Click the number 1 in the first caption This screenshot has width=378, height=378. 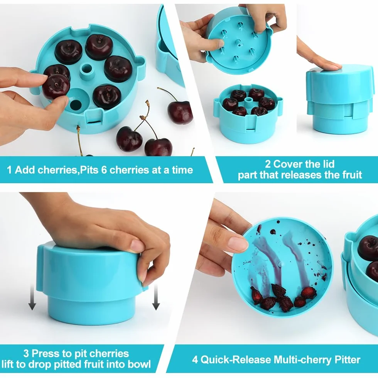[9, 170]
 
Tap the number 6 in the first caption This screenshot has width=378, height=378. [104, 170]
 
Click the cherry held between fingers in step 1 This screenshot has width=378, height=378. [56, 86]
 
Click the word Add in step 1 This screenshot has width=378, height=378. [25, 170]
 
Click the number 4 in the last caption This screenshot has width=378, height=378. [195, 360]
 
